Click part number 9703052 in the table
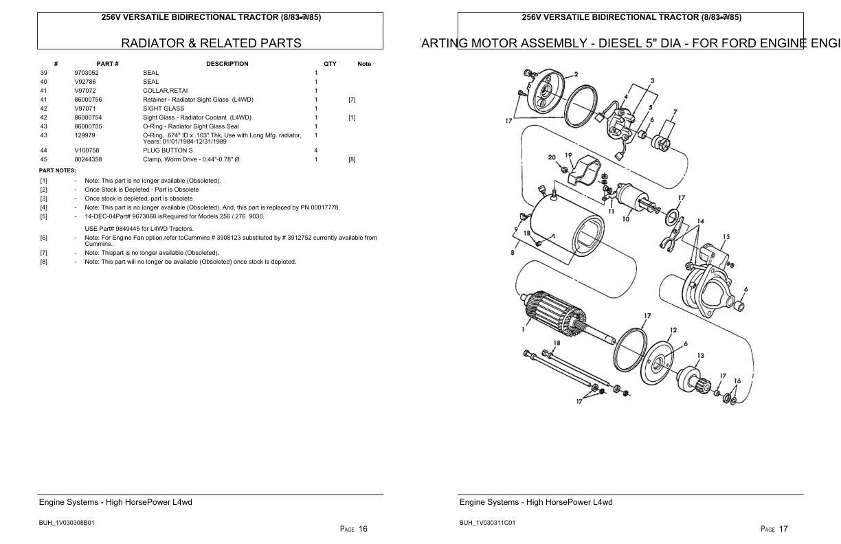[87, 73]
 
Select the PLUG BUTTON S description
[168, 150]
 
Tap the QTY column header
[330, 64]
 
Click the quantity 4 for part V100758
[316, 150]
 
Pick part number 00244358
[88, 159]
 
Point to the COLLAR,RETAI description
[165, 91]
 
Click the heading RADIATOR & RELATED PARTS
[211, 43]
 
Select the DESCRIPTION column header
[227, 64]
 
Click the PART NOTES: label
[57, 170]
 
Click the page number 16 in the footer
[363, 529]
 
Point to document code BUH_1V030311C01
[487, 523]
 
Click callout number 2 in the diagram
[576, 74]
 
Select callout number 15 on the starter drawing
[726, 237]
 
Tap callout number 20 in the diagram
[552, 157]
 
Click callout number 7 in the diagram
[675, 112]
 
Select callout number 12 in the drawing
[673, 330]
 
